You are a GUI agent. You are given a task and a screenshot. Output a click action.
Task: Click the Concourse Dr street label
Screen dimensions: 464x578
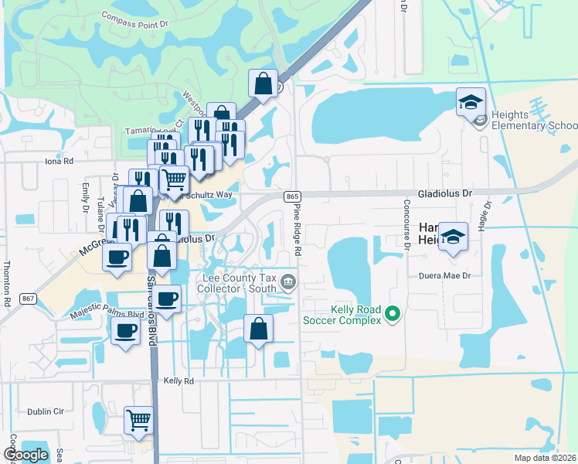click(x=405, y=224)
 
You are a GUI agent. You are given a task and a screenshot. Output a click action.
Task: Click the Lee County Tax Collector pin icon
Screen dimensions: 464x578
click(x=288, y=281)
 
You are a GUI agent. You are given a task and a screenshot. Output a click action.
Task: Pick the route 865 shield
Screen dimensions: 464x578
click(x=291, y=197)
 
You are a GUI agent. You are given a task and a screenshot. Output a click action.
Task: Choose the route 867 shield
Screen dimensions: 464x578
click(x=28, y=299)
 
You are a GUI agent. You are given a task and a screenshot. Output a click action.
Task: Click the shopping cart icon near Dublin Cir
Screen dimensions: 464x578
click(x=139, y=421)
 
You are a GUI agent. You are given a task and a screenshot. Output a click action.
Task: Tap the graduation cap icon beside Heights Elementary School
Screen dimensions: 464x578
click(x=470, y=101)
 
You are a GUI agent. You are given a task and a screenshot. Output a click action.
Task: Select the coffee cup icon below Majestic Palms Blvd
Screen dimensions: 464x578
click(x=125, y=332)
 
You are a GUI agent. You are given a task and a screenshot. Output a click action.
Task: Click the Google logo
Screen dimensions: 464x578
click(x=25, y=455)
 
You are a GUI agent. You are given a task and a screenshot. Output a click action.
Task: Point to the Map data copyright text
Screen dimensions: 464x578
click(x=544, y=458)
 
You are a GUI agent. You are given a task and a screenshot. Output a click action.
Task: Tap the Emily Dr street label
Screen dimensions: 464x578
click(x=86, y=197)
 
